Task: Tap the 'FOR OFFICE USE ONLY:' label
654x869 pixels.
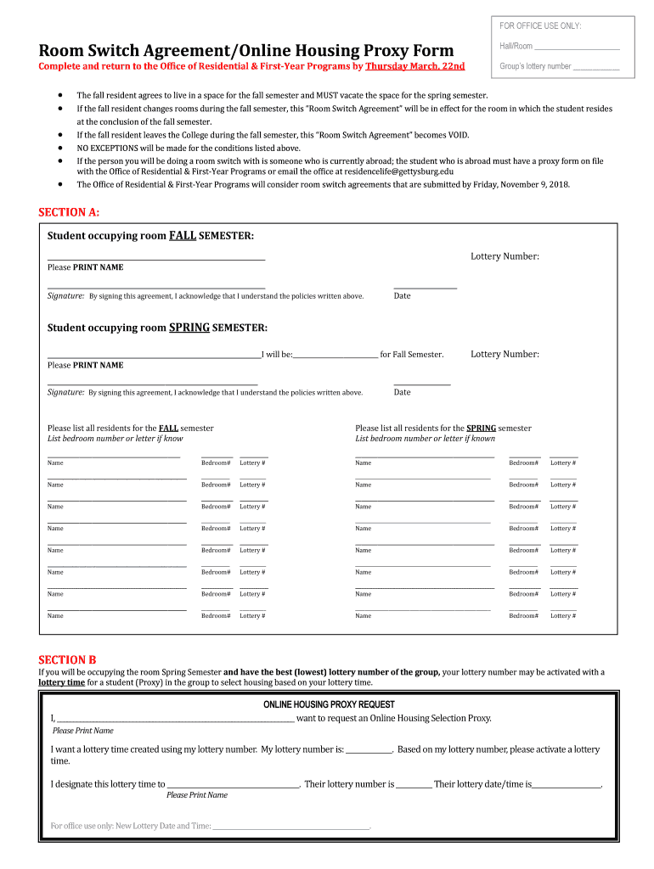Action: [541, 26]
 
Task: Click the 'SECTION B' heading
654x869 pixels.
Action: [67, 659]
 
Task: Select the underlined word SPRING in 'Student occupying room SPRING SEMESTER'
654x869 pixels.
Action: [189, 328]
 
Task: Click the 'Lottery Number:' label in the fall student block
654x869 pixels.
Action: [505, 256]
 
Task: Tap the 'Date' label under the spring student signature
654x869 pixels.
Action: [402, 392]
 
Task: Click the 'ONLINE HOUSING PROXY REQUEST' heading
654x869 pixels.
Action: [329, 704]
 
